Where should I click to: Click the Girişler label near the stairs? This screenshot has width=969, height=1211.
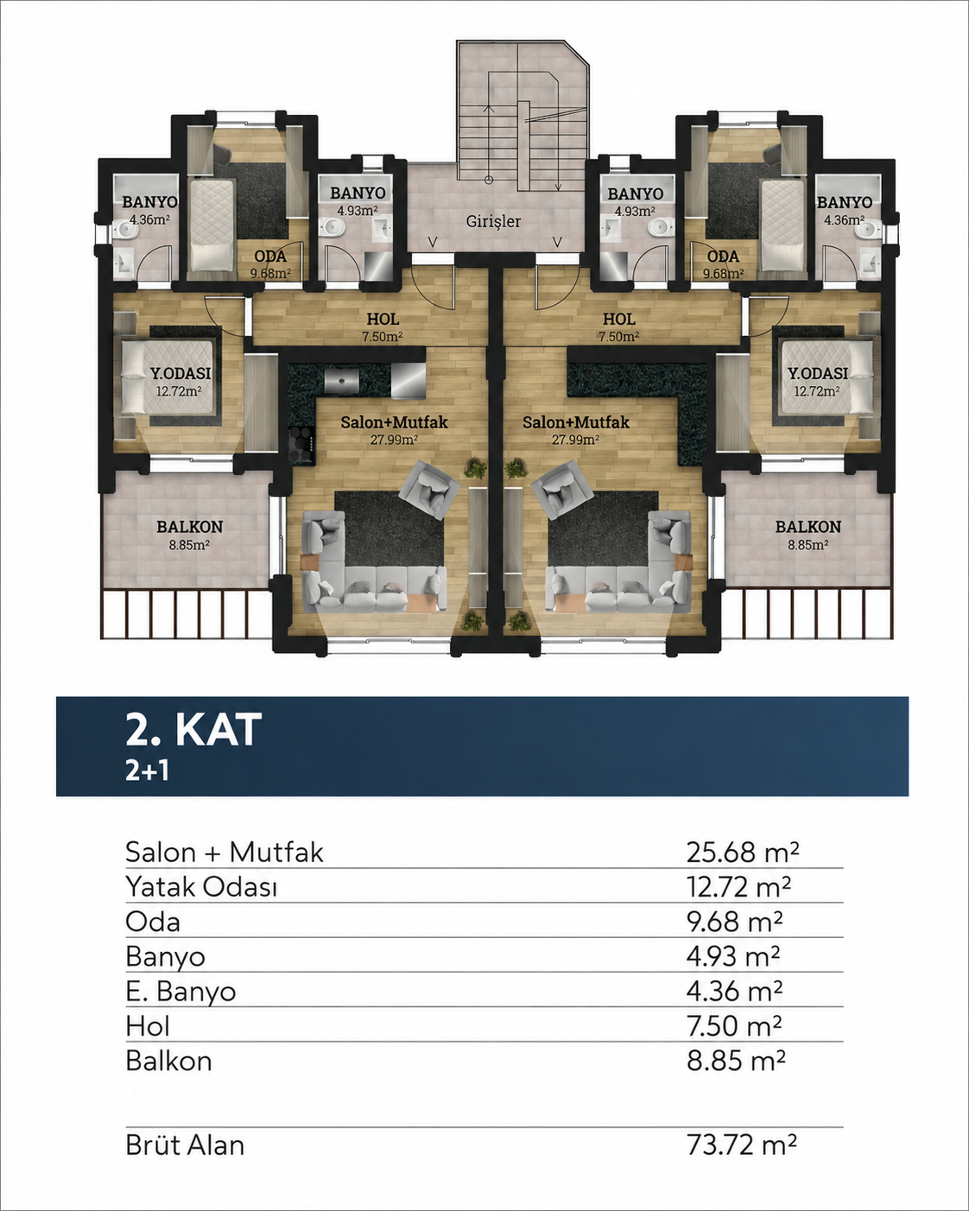[493, 221]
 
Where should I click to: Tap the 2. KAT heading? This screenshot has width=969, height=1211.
[193, 730]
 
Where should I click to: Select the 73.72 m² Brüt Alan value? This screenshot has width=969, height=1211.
[742, 1144]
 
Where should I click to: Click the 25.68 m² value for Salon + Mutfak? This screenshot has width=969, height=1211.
[742, 852]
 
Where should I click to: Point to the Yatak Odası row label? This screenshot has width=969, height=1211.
[201, 887]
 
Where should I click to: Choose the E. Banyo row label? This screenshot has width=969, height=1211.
[180, 992]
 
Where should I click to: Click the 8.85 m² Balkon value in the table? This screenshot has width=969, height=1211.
[736, 1061]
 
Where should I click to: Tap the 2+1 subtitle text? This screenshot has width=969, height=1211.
[148, 771]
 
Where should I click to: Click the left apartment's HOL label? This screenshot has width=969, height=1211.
[383, 320]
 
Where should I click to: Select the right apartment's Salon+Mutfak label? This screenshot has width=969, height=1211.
[576, 422]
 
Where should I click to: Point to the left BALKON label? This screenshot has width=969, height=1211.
[190, 527]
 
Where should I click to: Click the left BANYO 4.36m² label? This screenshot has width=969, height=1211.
[149, 210]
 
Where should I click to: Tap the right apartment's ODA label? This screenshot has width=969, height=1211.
[723, 257]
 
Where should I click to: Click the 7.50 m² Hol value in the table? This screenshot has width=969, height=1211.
[734, 1026]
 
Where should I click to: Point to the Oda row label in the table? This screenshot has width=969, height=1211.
[153, 922]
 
